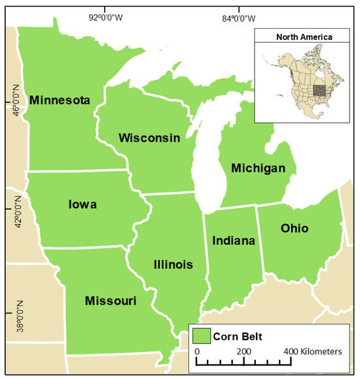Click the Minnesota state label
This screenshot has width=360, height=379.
click(59, 100)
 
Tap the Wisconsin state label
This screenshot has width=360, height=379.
click(149, 137)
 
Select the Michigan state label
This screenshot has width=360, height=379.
click(258, 169)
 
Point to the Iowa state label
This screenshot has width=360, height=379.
click(82, 204)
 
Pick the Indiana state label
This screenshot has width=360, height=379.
click(233, 241)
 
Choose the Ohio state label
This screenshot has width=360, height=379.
click(294, 228)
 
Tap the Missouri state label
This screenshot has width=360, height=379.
click(111, 300)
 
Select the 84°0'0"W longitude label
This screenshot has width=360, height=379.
click(240, 18)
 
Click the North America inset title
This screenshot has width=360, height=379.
click(303, 37)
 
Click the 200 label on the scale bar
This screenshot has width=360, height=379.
click(245, 352)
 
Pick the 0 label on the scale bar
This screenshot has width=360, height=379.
click(198, 352)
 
